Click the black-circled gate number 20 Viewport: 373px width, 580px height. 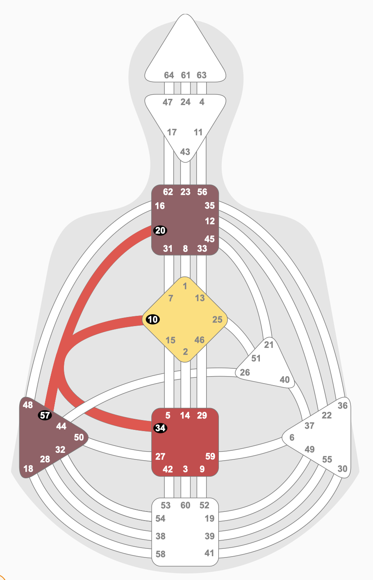click(160, 231)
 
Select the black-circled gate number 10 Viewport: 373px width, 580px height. click(152, 320)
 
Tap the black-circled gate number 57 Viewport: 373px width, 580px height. click(45, 415)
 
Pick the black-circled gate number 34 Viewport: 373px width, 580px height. click(160, 428)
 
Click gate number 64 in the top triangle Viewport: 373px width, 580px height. click(169, 75)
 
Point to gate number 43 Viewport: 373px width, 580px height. click(185, 152)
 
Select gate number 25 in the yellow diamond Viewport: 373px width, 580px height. click(217, 320)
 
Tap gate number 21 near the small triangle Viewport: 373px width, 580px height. click(268, 345)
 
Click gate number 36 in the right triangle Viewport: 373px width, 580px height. click(343, 406)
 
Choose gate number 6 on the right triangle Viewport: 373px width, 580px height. click(292, 438)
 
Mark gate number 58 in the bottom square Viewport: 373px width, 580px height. click(161, 554)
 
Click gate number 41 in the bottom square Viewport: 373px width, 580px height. click(209, 553)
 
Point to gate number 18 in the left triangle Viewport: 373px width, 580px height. click(28, 468)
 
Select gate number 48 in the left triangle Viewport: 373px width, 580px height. click(28, 405)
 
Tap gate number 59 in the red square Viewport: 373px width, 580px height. click(210, 456)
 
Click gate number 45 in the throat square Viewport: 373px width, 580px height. click(209, 239)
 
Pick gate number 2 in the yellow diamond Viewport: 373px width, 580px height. click(185, 352)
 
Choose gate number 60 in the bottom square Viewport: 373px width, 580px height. click(185, 505)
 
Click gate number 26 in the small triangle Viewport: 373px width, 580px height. click(245, 372)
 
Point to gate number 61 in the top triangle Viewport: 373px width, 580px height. click(186, 75)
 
